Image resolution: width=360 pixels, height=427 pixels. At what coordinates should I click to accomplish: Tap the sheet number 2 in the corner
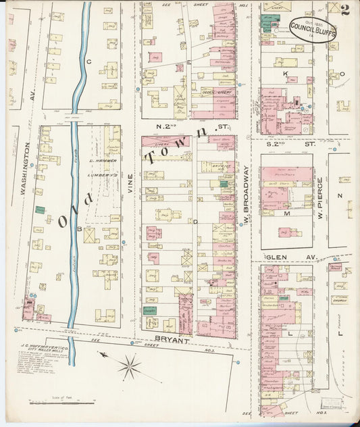pyautogui.click(x=345, y=9)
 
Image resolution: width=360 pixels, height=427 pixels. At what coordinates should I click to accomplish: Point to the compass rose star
pyautogui.click(x=128, y=368)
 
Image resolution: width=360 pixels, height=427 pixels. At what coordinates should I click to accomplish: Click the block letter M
pyautogui.click(x=286, y=213)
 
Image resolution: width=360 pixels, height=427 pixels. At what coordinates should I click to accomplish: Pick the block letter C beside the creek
pyautogui.click(x=88, y=61)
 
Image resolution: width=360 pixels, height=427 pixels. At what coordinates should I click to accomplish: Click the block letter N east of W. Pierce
pyautogui.click(x=340, y=195)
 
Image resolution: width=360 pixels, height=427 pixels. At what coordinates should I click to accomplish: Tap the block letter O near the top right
pyautogui.click(x=342, y=74)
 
